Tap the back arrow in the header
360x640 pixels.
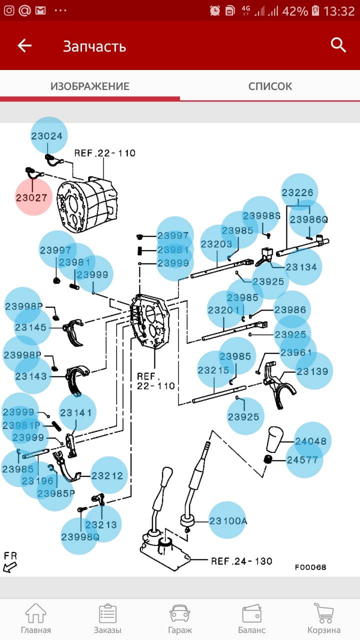(x=24, y=46)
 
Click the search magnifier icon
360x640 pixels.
(x=338, y=45)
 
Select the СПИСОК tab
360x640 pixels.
(x=270, y=86)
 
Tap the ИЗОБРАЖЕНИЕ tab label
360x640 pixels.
(x=90, y=86)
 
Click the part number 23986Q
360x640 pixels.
(x=308, y=219)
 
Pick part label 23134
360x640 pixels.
(x=301, y=267)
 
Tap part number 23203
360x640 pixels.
(x=216, y=244)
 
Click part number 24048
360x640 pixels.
(x=310, y=440)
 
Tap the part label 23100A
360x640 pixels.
(x=227, y=520)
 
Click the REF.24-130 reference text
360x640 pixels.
(x=241, y=560)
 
